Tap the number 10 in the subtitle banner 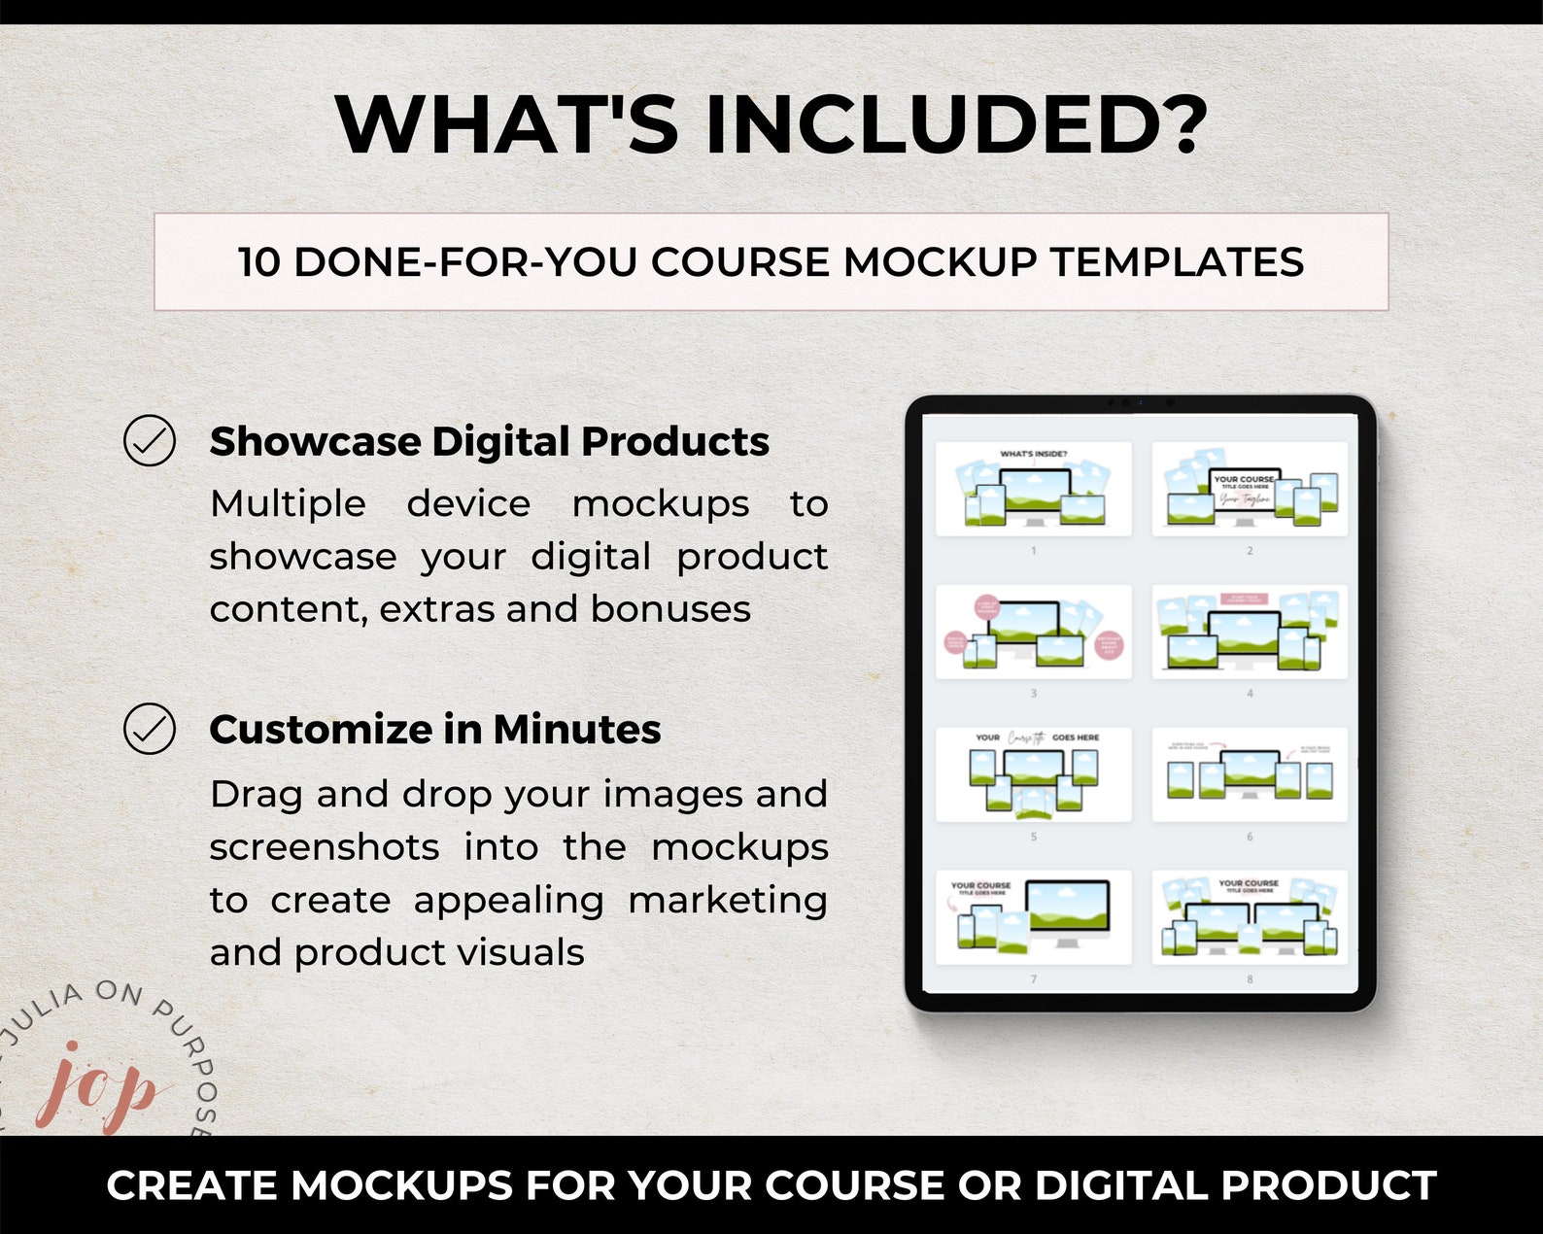(x=259, y=262)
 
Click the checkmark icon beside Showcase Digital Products (x=150, y=440)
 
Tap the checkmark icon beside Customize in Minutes (x=150, y=729)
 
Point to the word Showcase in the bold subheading (x=315, y=442)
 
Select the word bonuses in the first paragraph (x=670, y=609)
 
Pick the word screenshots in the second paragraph (x=325, y=847)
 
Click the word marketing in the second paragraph (x=727, y=900)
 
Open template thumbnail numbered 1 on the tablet (x=1033, y=489)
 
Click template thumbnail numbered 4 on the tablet (x=1250, y=632)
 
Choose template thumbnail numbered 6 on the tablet (x=1250, y=774)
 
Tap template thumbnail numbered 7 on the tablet (x=1033, y=917)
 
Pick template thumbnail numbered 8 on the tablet (x=1250, y=917)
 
